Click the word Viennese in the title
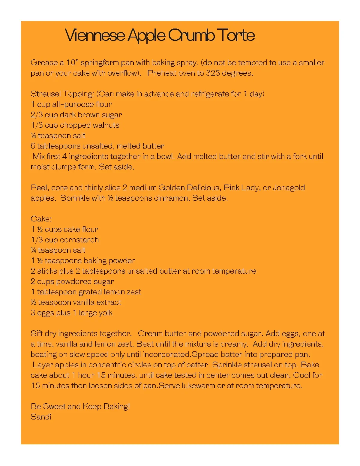tap(95, 35)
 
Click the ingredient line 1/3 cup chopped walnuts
tap(75, 125)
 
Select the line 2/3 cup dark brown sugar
tap(76, 115)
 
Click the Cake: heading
tap(41, 219)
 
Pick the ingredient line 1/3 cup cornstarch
tap(64, 240)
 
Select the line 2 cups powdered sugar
tap(72, 281)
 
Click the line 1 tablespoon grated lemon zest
tap(86, 292)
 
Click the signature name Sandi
tap(41, 417)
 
